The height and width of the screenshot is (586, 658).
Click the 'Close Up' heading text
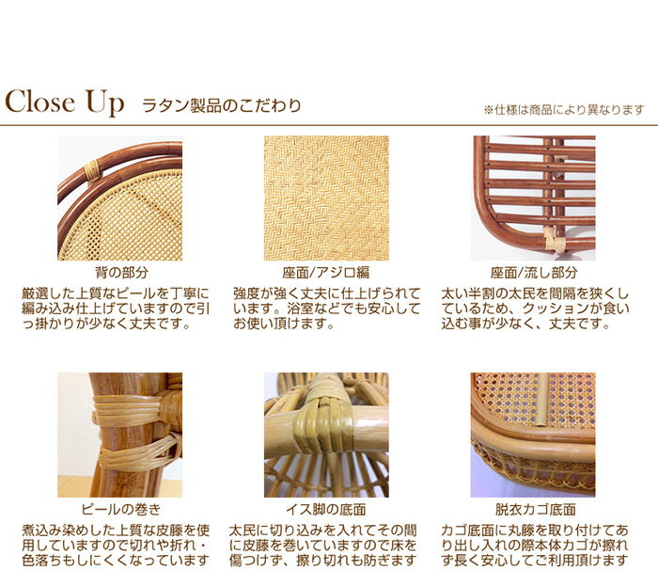click(x=64, y=103)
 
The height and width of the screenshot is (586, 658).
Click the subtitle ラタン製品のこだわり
click(x=222, y=105)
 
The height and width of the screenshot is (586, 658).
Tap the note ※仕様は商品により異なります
click(x=564, y=110)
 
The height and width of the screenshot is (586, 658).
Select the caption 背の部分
click(x=121, y=273)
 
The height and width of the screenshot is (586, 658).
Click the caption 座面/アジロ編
click(x=325, y=273)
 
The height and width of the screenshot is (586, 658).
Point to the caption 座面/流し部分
click(x=534, y=273)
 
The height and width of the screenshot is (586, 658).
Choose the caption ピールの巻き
click(x=121, y=509)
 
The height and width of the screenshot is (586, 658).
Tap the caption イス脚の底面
click(x=325, y=509)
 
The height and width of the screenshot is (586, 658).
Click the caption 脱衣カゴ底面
click(x=535, y=509)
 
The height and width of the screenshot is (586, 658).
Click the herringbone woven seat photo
click(x=326, y=198)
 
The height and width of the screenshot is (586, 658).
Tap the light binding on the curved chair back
click(x=92, y=170)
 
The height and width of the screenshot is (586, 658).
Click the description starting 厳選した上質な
click(x=116, y=309)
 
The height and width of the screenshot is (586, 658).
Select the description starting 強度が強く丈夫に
click(x=326, y=309)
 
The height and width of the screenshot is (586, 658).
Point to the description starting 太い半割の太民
click(x=535, y=309)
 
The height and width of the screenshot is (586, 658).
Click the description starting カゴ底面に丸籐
click(x=535, y=546)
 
